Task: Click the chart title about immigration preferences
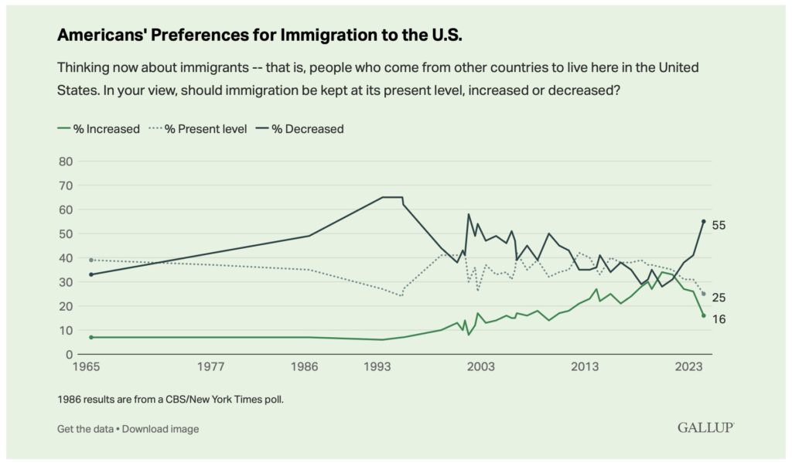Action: point(260,35)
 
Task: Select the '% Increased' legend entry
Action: point(98,129)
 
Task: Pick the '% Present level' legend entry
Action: point(198,129)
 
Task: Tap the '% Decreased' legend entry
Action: point(300,129)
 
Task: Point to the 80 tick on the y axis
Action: point(67,162)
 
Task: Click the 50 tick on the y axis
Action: point(67,233)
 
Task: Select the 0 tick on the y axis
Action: point(69,355)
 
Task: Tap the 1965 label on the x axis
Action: point(87,366)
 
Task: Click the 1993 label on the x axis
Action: point(377,366)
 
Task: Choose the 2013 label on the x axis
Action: point(585,366)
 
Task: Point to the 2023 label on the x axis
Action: point(689,366)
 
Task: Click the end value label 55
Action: point(719,225)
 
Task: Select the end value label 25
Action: point(719,298)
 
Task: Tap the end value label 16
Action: point(719,319)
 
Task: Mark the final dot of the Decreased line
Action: point(704,221)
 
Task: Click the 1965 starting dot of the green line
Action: point(91,337)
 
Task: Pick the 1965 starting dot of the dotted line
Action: point(91,260)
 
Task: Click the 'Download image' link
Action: point(161,429)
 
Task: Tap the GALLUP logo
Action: point(705,427)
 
